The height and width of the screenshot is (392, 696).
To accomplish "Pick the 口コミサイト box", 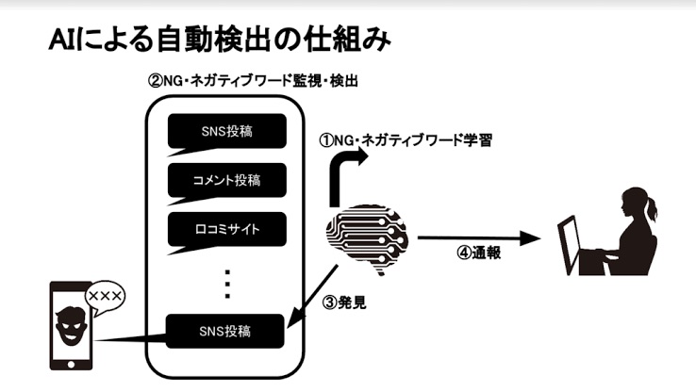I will tap(225, 227).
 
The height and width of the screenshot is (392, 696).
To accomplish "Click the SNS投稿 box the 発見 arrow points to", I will tap(225, 331).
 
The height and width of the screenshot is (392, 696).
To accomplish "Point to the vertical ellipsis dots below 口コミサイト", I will tap(225, 279).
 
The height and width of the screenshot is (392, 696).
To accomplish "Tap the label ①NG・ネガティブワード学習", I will tap(406, 140).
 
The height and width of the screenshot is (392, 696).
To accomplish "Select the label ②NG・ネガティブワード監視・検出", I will tap(253, 82).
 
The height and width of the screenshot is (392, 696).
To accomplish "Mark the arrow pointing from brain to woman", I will tap(481, 239).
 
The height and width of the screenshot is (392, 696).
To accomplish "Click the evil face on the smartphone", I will tap(69, 326).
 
